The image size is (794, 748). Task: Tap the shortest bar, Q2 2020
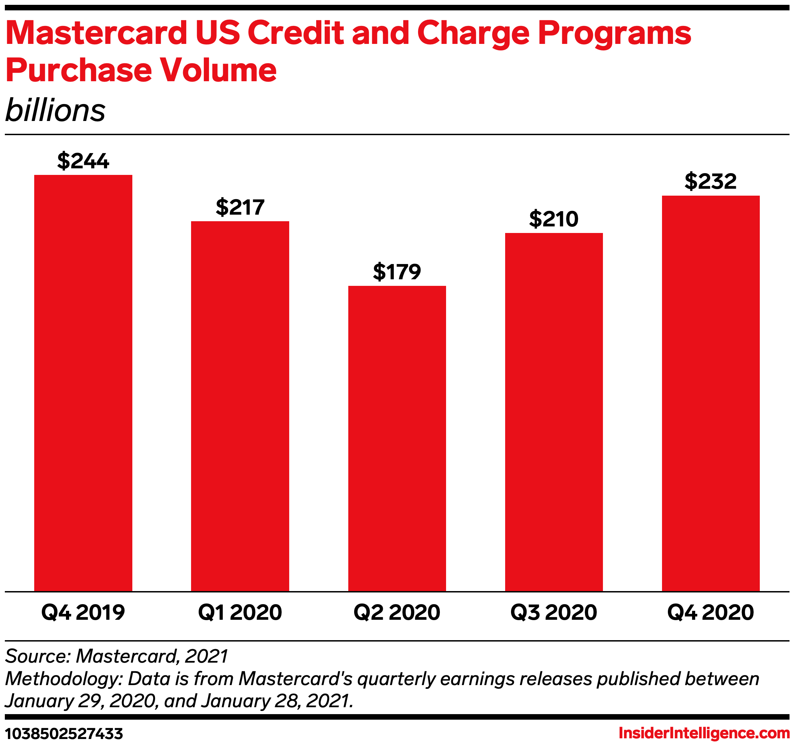pos(397,438)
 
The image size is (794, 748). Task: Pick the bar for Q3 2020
pos(554,412)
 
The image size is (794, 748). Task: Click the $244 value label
pos(83,161)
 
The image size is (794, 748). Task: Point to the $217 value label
pos(240,207)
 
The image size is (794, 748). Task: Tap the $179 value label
pos(397,272)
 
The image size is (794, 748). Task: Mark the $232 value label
pos(710,181)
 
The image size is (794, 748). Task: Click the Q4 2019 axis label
pos(83,613)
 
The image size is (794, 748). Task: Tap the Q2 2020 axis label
pos(397,613)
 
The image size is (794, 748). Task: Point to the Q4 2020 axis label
pos(710,613)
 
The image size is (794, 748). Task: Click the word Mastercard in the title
pos(96,33)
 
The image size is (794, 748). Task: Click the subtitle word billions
pos(55,110)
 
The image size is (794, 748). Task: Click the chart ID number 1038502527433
pos(64,733)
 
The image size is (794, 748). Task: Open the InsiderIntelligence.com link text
pos(704,733)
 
